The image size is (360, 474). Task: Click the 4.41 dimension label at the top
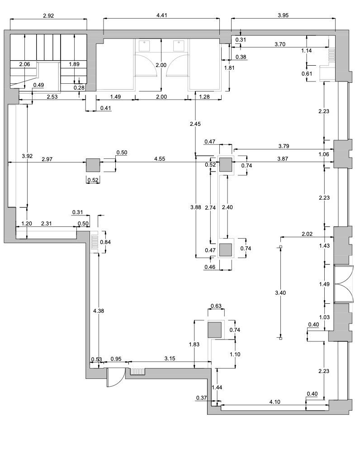161,15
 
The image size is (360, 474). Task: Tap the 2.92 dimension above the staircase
48,16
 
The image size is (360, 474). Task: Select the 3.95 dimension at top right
283,15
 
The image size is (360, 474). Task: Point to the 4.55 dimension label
160,158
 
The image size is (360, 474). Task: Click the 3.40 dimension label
280,292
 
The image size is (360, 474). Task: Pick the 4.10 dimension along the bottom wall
275,402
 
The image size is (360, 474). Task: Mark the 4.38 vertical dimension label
99,311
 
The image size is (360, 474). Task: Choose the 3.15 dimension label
170,359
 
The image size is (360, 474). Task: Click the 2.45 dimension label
195,124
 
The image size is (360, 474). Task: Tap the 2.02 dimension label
307,234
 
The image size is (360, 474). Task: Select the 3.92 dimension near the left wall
27,156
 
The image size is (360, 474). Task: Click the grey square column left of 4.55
93,165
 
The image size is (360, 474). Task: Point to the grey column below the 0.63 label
215,330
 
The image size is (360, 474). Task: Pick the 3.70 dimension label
279,44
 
